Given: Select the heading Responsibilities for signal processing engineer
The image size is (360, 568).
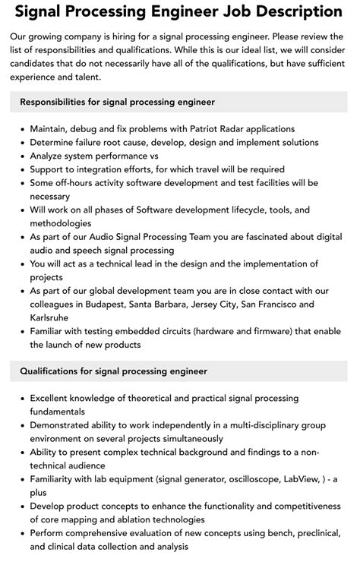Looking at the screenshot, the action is coord(118,102).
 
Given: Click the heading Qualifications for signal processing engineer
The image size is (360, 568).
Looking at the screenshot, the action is coord(113,371).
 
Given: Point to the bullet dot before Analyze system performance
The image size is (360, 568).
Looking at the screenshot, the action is coord(21,156).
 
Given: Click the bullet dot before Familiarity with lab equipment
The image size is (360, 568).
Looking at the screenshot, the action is coord(21,479).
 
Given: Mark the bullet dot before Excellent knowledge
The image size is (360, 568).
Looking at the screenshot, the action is coord(21,398).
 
